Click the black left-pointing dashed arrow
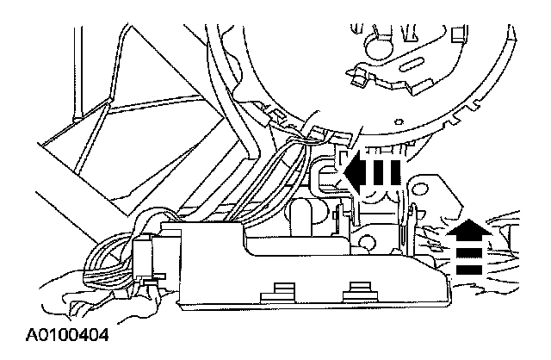(371, 173)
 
